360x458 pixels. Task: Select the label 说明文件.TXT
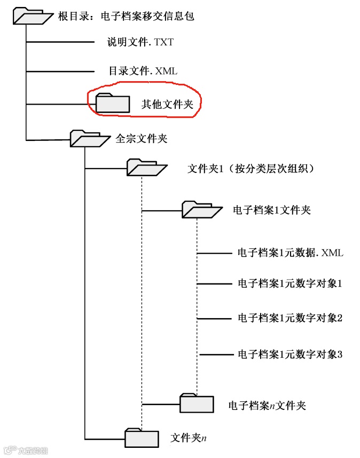click(x=140, y=42)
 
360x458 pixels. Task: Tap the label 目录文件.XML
click(x=143, y=70)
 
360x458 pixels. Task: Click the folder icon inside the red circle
click(x=113, y=102)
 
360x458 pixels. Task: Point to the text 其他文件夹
click(x=167, y=104)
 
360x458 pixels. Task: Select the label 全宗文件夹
click(x=142, y=139)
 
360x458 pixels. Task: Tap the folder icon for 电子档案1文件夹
click(x=201, y=209)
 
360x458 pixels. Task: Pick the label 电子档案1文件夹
click(x=272, y=210)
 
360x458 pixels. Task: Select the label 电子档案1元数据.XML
click(x=290, y=252)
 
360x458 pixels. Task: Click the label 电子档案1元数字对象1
click(x=289, y=284)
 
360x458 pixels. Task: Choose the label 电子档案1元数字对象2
click(x=289, y=318)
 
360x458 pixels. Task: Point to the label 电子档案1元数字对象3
click(x=289, y=353)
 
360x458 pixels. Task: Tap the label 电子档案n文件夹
click(x=267, y=406)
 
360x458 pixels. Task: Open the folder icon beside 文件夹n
click(x=142, y=438)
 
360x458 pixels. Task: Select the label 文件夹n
click(x=189, y=438)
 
